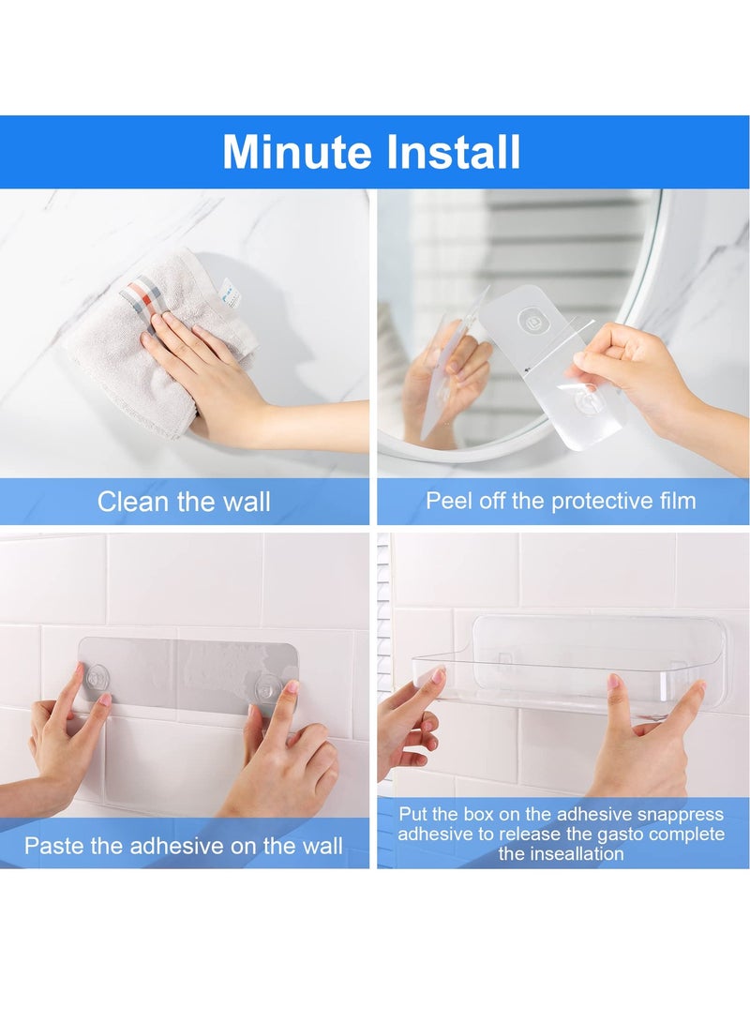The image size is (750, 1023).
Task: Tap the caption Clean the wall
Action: pos(184,502)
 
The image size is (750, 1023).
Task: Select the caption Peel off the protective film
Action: pos(561,501)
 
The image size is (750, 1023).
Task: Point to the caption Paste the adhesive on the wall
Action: pos(184,846)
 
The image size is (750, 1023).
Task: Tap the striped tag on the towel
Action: pos(142,293)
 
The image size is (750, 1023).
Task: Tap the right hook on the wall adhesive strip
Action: pos(268,685)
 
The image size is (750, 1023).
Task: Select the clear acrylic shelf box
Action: pos(562,666)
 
